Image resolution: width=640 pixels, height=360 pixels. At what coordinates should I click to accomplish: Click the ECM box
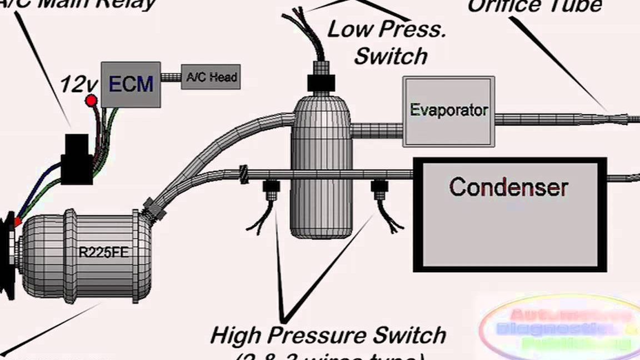(x=131, y=84)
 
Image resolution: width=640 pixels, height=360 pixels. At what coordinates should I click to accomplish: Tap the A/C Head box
(x=211, y=77)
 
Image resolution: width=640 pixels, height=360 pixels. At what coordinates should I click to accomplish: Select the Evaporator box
(x=448, y=111)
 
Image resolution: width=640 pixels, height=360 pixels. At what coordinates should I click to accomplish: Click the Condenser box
(x=508, y=214)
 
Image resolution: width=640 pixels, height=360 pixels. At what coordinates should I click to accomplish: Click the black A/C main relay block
(x=77, y=158)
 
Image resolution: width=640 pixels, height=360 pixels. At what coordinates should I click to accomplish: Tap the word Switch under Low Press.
(x=391, y=56)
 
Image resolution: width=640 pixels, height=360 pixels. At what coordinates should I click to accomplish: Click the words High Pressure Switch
(x=328, y=336)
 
